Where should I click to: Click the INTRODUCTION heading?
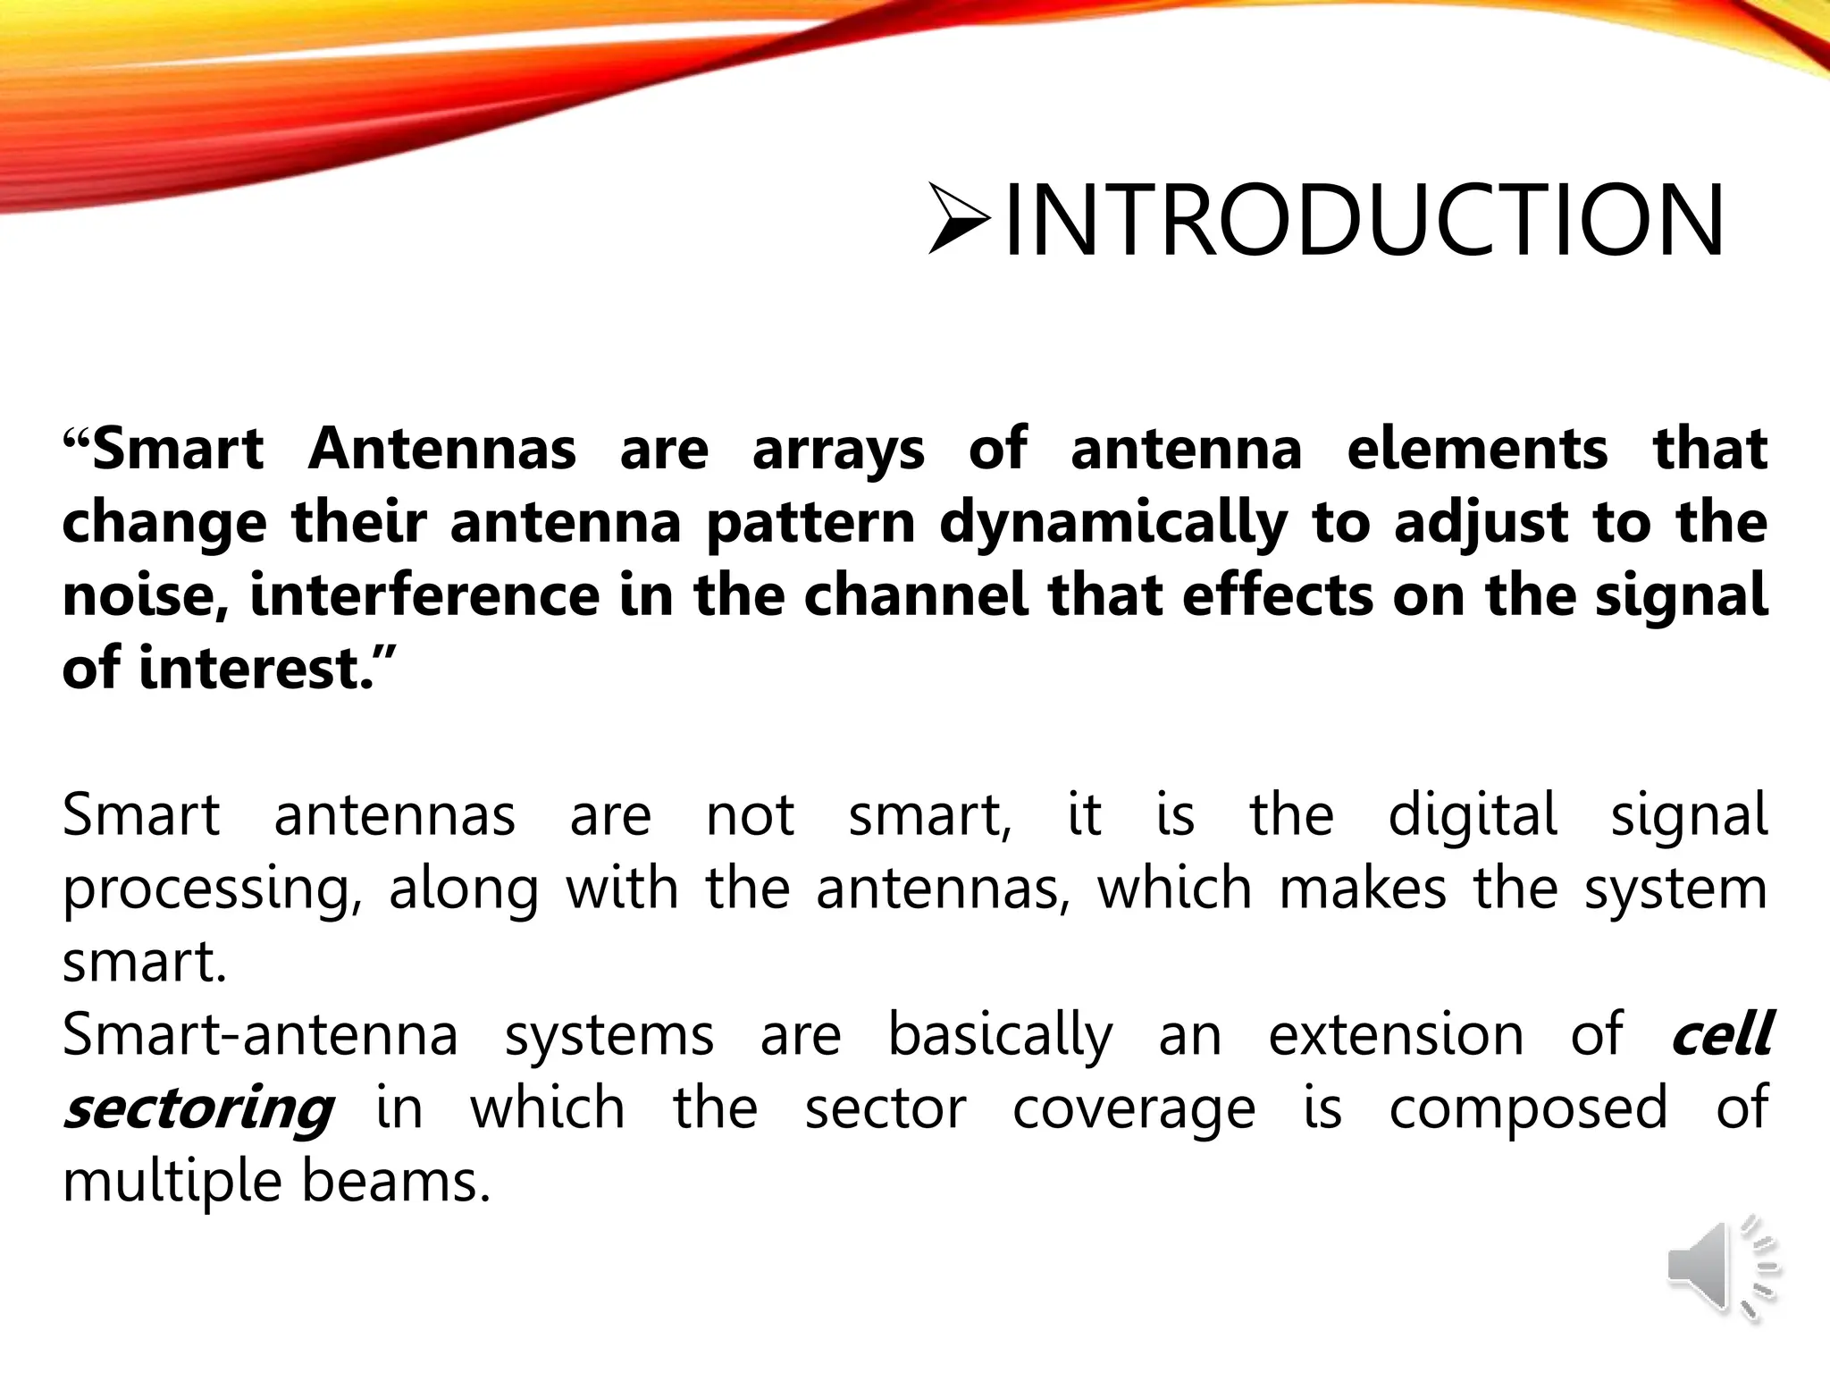1364,221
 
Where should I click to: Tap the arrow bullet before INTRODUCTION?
959,218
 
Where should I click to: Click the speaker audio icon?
1722,1268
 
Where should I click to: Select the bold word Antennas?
442,449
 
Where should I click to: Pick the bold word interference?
425,595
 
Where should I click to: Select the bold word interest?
254,669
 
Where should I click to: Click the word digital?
1473,814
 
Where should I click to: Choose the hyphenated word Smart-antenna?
260,1035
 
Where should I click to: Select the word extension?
1396,1035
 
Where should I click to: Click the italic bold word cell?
1721,1035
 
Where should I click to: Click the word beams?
396,1182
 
